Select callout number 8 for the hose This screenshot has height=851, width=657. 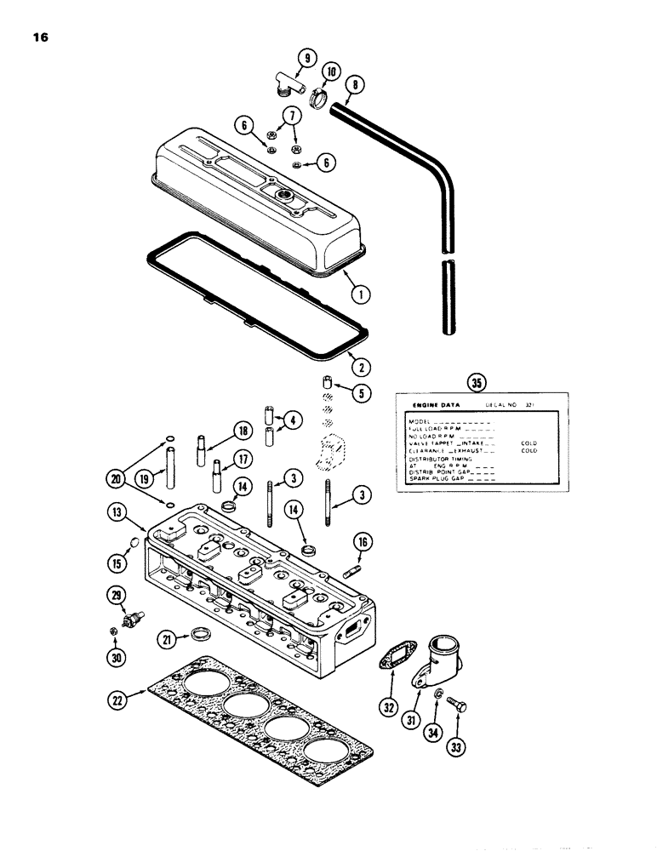click(x=354, y=85)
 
